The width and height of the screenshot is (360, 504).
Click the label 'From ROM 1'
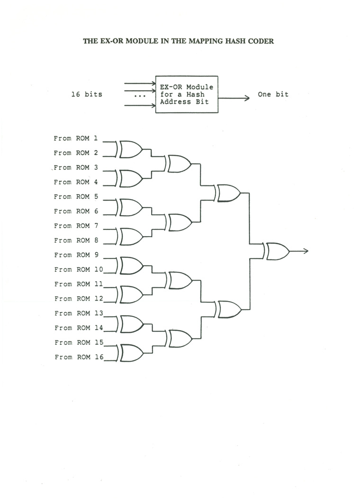[x=75, y=138]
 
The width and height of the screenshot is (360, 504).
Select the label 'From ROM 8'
[x=75, y=240]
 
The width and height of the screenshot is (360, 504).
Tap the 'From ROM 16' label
[x=78, y=357]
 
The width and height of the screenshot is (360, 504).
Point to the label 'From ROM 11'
[x=78, y=284]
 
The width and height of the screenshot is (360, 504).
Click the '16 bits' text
[x=87, y=94]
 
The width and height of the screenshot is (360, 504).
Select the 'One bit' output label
[x=273, y=94]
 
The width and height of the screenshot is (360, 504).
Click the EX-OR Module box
[x=187, y=94]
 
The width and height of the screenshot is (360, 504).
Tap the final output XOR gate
[x=277, y=251]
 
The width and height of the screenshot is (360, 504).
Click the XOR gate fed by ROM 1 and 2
[x=130, y=149]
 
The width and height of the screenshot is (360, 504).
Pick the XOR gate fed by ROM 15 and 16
[x=131, y=353]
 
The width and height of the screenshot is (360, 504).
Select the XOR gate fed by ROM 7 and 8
[x=130, y=237]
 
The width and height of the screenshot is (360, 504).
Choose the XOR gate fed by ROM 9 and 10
[x=131, y=266]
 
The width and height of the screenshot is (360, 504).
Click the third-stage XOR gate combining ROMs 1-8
[x=227, y=193]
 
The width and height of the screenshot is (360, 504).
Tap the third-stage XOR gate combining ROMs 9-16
[x=228, y=309]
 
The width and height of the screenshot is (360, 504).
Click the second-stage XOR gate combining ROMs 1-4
[x=179, y=164]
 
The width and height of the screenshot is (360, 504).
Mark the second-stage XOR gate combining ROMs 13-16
[x=180, y=339]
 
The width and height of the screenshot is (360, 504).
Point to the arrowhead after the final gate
[x=306, y=251]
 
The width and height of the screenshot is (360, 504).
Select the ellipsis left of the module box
[x=139, y=96]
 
